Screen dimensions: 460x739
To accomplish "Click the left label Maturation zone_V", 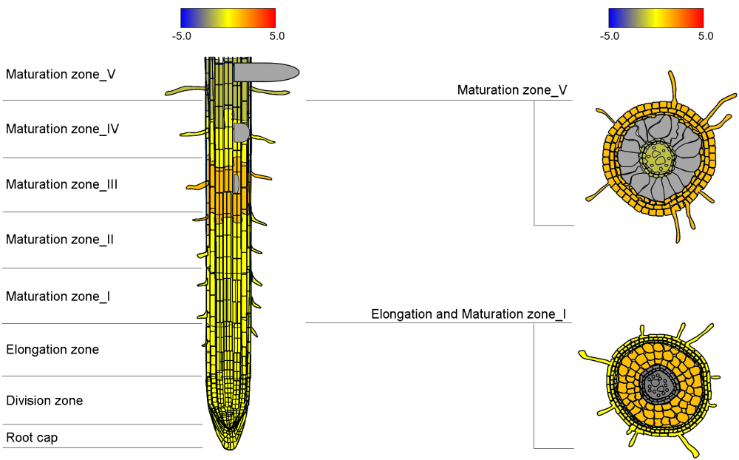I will click(x=61, y=74).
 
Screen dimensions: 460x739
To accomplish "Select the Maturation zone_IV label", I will click(x=62, y=129).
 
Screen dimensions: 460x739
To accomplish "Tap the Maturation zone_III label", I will click(x=61, y=184).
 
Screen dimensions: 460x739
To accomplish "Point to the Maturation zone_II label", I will click(x=59, y=240).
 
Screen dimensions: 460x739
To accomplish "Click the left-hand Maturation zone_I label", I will click(x=58, y=297).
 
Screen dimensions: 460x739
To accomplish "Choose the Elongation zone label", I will click(x=52, y=349).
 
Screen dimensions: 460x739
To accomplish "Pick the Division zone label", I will click(x=44, y=401).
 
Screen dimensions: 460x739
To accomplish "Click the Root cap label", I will click(x=32, y=438).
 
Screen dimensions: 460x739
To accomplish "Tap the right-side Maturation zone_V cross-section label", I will click(x=512, y=90).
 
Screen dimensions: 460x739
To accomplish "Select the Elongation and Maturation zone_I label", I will click(x=469, y=314).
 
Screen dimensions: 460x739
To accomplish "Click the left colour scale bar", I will click(x=228, y=18).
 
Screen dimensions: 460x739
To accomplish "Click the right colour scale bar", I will click(x=655, y=18).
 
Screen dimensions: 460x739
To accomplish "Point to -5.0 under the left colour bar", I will click(x=182, y=35).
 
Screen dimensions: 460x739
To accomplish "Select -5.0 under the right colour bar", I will click(x=610, y=35).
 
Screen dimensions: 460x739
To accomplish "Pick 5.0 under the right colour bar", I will click(x=705, y=35).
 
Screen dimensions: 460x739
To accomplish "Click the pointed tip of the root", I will click(x=229, y=446).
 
